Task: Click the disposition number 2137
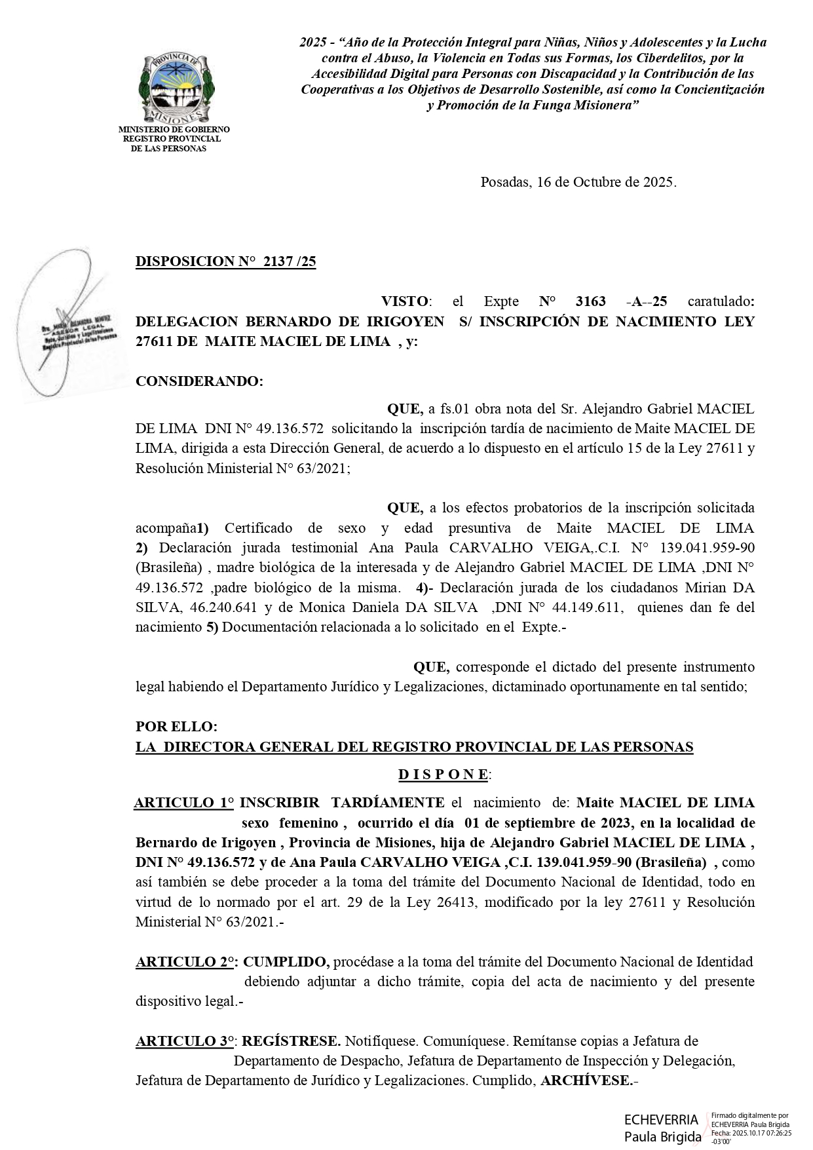277,262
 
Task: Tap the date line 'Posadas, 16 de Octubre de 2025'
578,182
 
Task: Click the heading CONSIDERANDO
199,381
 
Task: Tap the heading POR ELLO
176,727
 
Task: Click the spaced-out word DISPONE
444,775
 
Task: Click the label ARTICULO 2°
185,962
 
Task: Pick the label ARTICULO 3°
185,1041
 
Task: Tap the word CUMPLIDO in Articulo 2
286,962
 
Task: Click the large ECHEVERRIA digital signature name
661,1120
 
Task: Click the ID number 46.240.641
205,607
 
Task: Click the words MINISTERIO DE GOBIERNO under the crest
174,130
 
